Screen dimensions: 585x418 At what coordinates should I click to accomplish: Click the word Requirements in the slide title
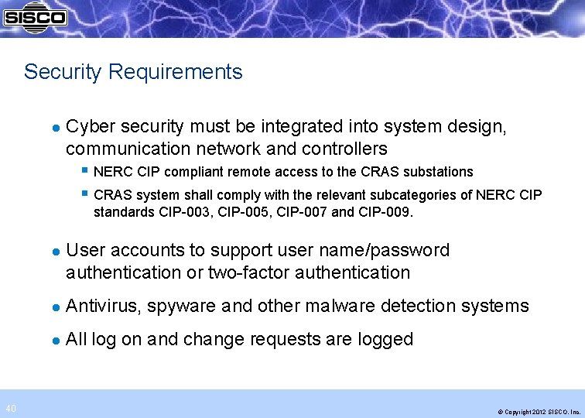pos(176,72)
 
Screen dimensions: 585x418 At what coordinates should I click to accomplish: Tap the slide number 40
pos(11,409)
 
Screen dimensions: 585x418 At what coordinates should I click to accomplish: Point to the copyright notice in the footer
pos(539,411)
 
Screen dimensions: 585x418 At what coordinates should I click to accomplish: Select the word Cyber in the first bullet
pos(89,126)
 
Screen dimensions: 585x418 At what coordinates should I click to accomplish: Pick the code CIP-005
pos(236,211)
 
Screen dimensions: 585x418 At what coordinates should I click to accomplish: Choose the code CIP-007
pos(298,211)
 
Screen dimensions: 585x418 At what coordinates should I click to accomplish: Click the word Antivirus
pos(102,307)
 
